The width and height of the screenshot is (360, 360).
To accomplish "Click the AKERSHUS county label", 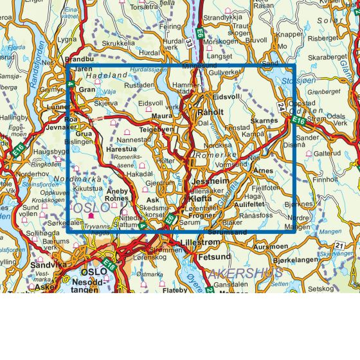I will tap(245, 273).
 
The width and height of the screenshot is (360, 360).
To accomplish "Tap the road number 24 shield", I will tap(280, 107).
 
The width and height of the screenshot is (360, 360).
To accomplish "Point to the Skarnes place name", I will tap(264, 120).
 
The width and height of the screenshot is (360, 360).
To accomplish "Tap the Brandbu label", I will tap(80, 59).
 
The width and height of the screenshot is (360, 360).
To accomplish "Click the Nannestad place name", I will tap(133, 138).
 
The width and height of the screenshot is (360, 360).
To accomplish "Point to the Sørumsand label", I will tap(228, 231).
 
